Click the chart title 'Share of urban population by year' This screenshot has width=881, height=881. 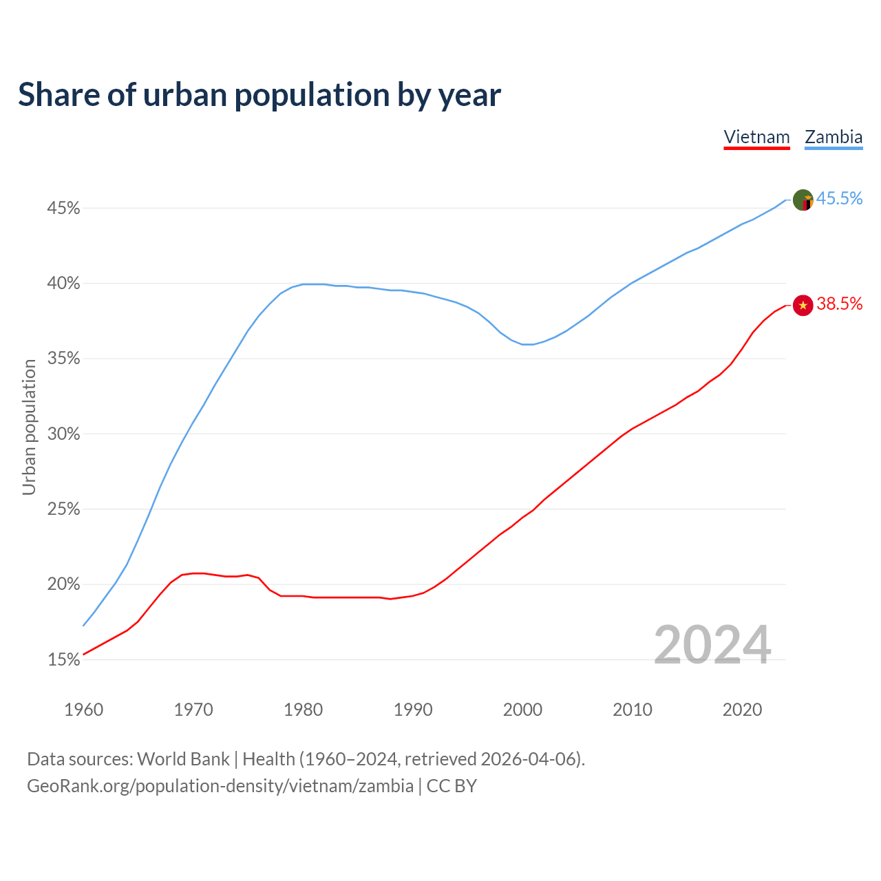[259, 95]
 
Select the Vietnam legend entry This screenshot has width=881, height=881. [756, 137]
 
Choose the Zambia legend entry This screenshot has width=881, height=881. [834, 137]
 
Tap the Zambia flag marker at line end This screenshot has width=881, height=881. [803, 200]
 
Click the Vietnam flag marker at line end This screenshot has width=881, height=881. [803, 305]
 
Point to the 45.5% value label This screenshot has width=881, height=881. [839, 199]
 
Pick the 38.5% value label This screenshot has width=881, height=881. [839, 304]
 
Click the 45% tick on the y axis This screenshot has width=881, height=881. [63, 208]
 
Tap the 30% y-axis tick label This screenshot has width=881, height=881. [63, 434]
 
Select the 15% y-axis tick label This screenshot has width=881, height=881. [63, 660]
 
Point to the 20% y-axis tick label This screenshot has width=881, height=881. [63, 584]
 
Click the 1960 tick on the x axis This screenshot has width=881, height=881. [83, 710]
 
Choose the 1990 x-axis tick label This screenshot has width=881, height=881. [413, 710]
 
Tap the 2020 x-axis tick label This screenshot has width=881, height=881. [742, 710]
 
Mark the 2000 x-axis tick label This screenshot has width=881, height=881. [522, 710]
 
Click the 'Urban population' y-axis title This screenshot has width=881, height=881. [29, 427]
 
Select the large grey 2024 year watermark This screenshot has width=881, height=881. [712, 645]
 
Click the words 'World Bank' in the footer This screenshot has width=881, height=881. [183, 759]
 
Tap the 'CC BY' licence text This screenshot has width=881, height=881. [452, 786]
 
